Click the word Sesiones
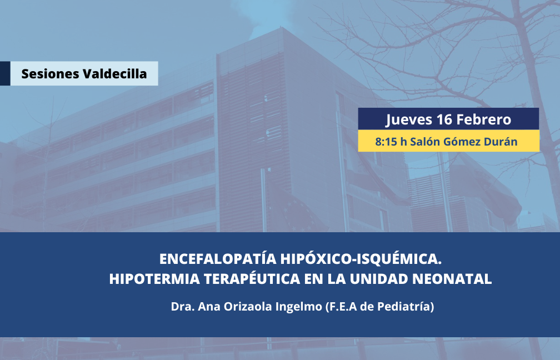coord(51,74)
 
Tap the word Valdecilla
coord(114,73)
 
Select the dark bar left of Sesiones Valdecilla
coord(5,73)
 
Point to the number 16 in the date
coord(444,119)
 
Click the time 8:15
coord(386,142)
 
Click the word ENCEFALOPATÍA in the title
coord(218,258)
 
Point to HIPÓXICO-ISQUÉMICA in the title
coord(361,258)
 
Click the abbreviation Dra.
coord(182,307)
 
